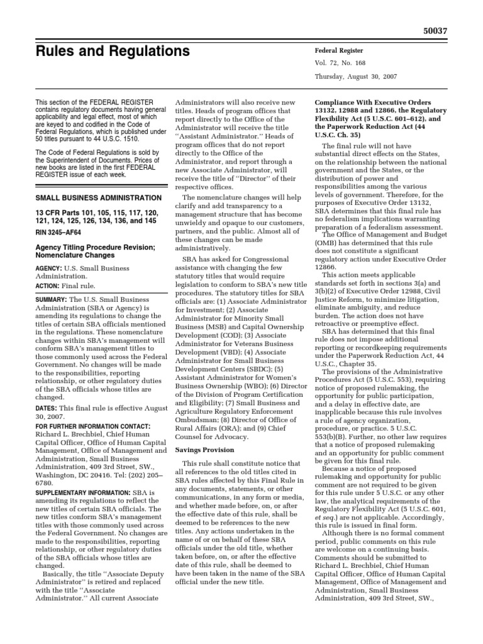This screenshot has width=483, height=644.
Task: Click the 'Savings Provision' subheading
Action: pyautogui.click(x=204, y=450)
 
